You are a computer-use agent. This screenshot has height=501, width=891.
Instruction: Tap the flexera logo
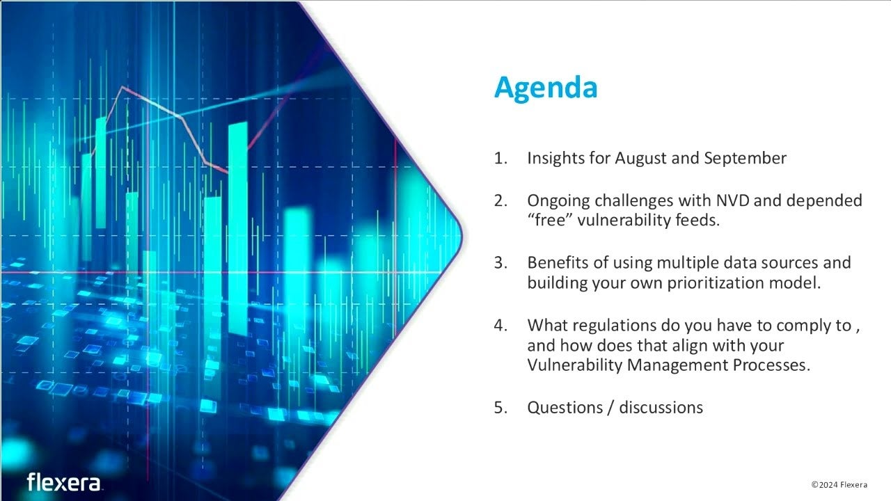[63, 482]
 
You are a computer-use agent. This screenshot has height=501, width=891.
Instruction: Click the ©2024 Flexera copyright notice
[839, 485]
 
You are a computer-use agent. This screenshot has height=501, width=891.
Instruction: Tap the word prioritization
[715, 283]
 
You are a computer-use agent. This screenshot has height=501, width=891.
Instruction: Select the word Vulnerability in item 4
[574, 365]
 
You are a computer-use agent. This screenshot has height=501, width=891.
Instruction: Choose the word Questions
[565, 408]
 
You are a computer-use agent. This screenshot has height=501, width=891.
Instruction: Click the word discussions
[661, 408]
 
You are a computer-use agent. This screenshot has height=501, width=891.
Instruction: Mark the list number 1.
[500, 158]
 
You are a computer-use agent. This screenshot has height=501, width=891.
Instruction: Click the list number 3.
[500, 263]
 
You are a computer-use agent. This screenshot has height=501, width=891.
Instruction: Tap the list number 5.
[500, 408]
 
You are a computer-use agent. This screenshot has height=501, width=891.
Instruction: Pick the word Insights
[556, 159]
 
